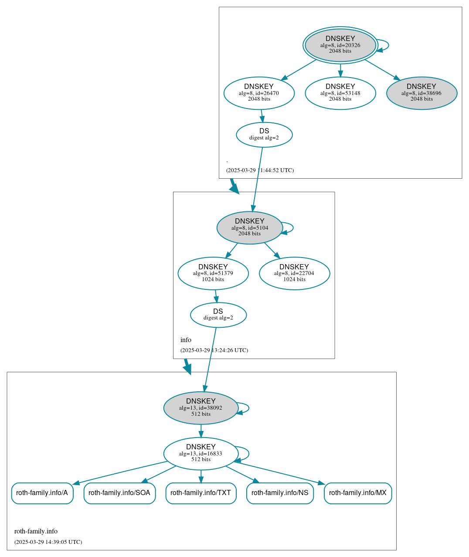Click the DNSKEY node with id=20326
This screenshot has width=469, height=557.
coord(340,45)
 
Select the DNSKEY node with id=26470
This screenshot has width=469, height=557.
coord(259,93)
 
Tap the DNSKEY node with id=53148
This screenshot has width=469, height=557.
coord(340,93)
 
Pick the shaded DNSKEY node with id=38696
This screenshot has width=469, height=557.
coord(421,93)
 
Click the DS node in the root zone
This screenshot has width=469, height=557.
coord(264,135)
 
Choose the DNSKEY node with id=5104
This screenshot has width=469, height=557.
coord(249,228)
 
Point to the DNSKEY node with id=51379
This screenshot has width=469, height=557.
coord(213,273)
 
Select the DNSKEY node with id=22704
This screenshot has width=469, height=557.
coord(294,273)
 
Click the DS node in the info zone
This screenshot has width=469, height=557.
coord(218,315)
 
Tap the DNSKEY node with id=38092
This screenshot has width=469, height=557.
coord(201,408)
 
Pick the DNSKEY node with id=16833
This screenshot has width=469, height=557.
coord(201,453)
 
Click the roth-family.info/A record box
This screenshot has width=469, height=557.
coord(42,493)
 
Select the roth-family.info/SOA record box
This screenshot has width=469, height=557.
coord(119,493)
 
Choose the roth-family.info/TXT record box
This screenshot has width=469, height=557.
coord(201,493)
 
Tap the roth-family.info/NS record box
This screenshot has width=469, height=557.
coord(280,493)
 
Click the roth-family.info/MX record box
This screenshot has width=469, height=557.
coord(358,493)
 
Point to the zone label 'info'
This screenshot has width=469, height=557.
coord(186,340)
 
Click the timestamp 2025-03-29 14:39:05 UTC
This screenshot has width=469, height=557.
coord(48,542)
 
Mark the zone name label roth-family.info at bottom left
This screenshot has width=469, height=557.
coord(36,531)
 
